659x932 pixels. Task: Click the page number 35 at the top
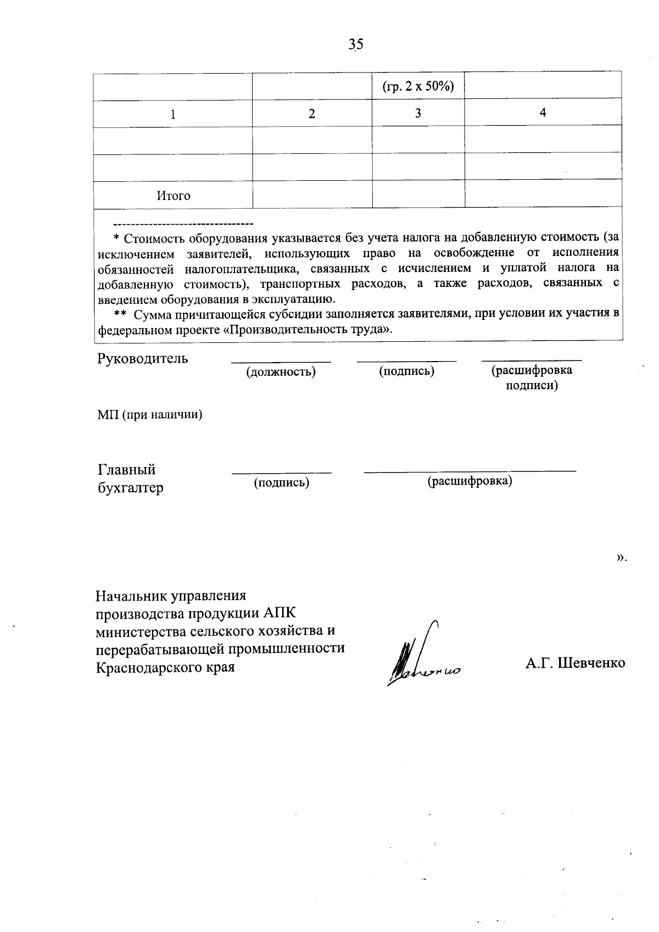point(356,45)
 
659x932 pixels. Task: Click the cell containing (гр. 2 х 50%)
point(418,86)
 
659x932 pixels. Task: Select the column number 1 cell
point(173,114)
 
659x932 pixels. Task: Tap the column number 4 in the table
point(543,113)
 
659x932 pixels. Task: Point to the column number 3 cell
point(418,114)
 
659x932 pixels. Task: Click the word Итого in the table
point(174,196)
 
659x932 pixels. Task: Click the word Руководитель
point(143,359)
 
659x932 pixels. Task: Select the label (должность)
point(281,372)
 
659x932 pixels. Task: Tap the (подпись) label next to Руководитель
point(406,371)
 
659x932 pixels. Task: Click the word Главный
point(127,470)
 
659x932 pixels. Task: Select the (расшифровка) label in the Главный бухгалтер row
point(470,481)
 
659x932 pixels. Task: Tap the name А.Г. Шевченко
point(575,663)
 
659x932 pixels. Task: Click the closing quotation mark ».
point(621,558)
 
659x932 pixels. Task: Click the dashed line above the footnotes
point(182,224)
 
